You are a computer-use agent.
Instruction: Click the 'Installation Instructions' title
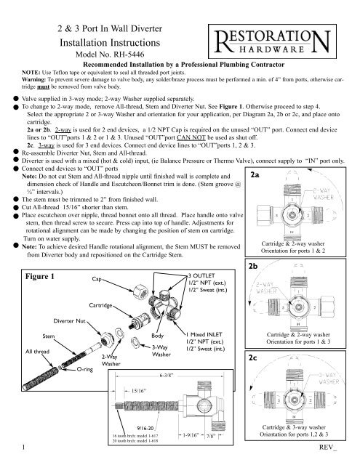[108, 40]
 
